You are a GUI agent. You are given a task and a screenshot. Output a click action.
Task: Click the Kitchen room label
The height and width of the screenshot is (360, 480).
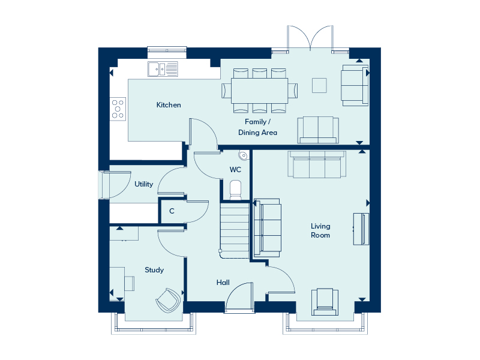(169, 105)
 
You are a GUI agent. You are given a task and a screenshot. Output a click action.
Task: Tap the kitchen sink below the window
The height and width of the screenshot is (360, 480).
(163, 69)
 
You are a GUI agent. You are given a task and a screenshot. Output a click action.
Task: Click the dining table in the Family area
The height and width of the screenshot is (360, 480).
(260, 91)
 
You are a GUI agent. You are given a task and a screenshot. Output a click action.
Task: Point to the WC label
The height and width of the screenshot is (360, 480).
(235, 170)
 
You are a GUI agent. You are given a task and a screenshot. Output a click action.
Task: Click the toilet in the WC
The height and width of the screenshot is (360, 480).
(235, 190)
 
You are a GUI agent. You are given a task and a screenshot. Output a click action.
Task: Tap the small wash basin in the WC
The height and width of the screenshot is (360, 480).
(244, 155)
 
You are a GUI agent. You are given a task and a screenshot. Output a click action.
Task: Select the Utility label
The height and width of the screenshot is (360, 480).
(143, 184)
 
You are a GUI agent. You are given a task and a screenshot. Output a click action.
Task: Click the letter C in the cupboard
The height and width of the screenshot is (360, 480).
(172, 211)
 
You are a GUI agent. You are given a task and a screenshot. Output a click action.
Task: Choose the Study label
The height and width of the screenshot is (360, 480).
(154, 270)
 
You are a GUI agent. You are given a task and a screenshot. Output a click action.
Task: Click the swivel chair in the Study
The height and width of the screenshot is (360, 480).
(168, 301)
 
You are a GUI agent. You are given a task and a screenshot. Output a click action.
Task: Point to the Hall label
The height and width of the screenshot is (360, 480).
(223, 283)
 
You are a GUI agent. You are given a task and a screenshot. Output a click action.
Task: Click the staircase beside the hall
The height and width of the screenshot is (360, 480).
(235, 230)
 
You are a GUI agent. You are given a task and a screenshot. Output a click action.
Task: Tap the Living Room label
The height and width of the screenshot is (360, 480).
(320, 231)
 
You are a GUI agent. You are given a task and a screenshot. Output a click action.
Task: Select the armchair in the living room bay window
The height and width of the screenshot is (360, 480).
(325, 302)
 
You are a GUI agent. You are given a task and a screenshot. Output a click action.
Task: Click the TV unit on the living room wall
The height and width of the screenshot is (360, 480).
(361, 229)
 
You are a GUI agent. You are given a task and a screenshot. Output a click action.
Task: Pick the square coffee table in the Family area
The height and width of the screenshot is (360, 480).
(319, 85)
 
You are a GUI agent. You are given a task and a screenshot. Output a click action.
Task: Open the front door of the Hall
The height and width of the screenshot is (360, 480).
(239, 298)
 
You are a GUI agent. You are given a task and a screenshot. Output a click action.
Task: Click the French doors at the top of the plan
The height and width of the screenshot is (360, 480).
(310, 37)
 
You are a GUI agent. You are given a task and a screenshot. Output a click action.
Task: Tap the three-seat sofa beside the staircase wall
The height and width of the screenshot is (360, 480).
(267, 228)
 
